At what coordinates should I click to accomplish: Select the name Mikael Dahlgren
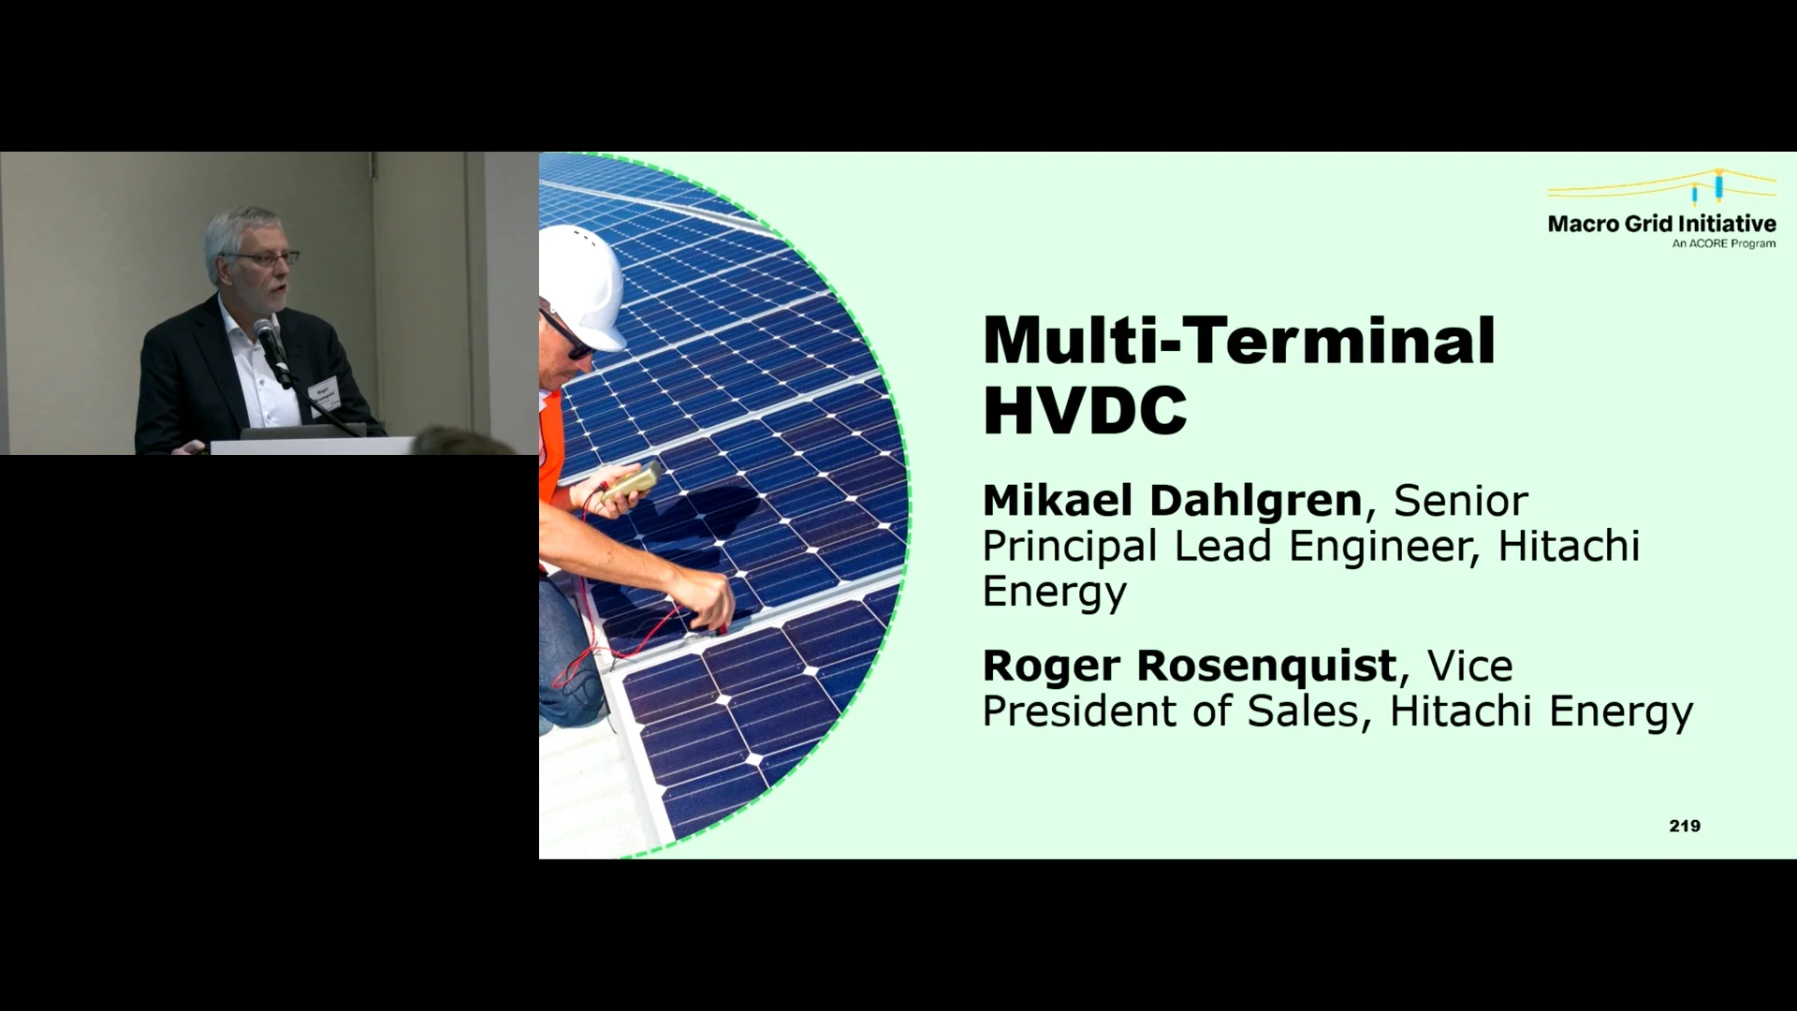(1172, 501)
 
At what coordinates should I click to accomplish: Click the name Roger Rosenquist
(1189, 666)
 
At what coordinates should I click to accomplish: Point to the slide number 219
(1684, 826)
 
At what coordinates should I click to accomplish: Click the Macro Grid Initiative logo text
(1661, 224)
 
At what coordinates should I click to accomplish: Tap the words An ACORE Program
(1723, 244)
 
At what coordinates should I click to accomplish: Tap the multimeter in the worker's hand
(633, 483)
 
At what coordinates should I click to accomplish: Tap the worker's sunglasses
(565, 332)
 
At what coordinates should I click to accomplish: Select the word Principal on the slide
(1069, 547)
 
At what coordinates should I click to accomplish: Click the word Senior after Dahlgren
(1460, 501)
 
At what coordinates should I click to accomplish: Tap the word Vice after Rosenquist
(1469, 666)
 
